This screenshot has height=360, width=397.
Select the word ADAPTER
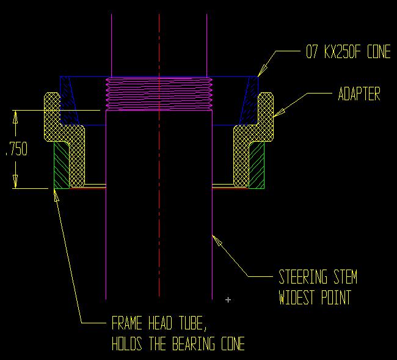(x=359, y=94)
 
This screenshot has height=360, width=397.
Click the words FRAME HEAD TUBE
(x=162, y=323)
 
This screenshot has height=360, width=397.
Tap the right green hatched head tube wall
(x=257, y=165)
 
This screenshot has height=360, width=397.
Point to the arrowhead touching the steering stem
(x=215, y=237)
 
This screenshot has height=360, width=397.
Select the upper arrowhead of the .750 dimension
(x=16, y=116)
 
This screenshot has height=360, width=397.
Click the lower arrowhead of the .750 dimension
(x=16, y=183)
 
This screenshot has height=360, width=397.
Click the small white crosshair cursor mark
(x=228, y=300)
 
